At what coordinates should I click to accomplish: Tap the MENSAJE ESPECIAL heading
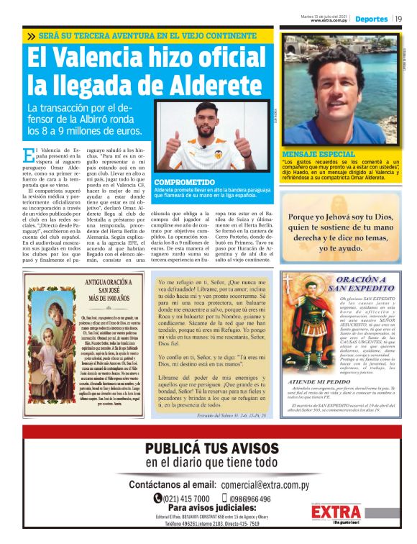pos(308,155)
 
